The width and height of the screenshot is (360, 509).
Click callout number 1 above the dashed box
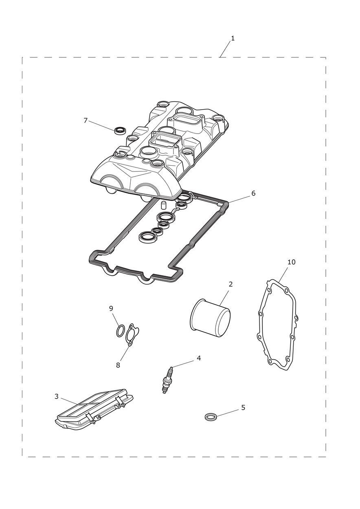pyautogui.click(x=233, y=38)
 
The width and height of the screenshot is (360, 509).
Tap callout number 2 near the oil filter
pyautogui.click(x=230, y=284)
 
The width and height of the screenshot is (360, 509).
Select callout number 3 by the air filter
pyautogui.click(x=57, y=396)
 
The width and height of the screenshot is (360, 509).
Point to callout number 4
pyautogui.click(x=199, y=358)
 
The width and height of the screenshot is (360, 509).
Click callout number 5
pyautogui.click(x=243, y=408)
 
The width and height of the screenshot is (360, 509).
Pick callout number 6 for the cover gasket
pyautogui.click(x=253, y=193)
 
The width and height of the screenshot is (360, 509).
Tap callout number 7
pyautogui.click(x=86, y=121)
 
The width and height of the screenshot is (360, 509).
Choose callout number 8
pyautogui.click(x=118, y=365)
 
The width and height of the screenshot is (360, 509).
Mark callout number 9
pyautogui.click(x=111, y=309)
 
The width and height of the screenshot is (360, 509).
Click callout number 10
pyautogui.click(x=292, y=262)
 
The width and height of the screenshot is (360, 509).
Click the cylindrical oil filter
pyautogui.click(x=211, y=318)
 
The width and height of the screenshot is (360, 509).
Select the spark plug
pyautogui.click(x=167, y=380)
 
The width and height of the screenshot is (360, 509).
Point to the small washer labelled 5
pyautogui.click(x=210, y=417)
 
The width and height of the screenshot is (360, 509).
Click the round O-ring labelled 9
pyautogui.click(x=120, y=331)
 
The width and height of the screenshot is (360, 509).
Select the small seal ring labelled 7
pyautogui.click(x=119, y=131)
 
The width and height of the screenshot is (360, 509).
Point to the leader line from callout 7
pyautogui.click(x=102, y=125)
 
